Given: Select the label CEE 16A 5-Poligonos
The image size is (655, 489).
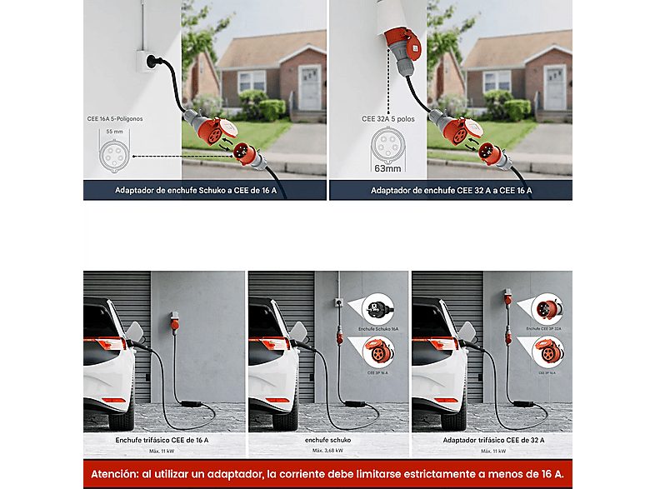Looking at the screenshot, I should coord(115,119).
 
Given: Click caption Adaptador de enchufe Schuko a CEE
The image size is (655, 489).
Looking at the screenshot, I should coord(204,191).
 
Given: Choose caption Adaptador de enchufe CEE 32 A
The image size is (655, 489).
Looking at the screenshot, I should coord(451,191).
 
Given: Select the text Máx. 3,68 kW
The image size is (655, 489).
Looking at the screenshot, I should coord(327,451).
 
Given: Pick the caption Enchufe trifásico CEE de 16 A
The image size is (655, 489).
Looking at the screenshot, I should coord(163,439).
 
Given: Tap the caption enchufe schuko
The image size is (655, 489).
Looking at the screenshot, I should coord(327,439).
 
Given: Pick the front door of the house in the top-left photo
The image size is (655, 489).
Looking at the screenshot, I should coord(309,87).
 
